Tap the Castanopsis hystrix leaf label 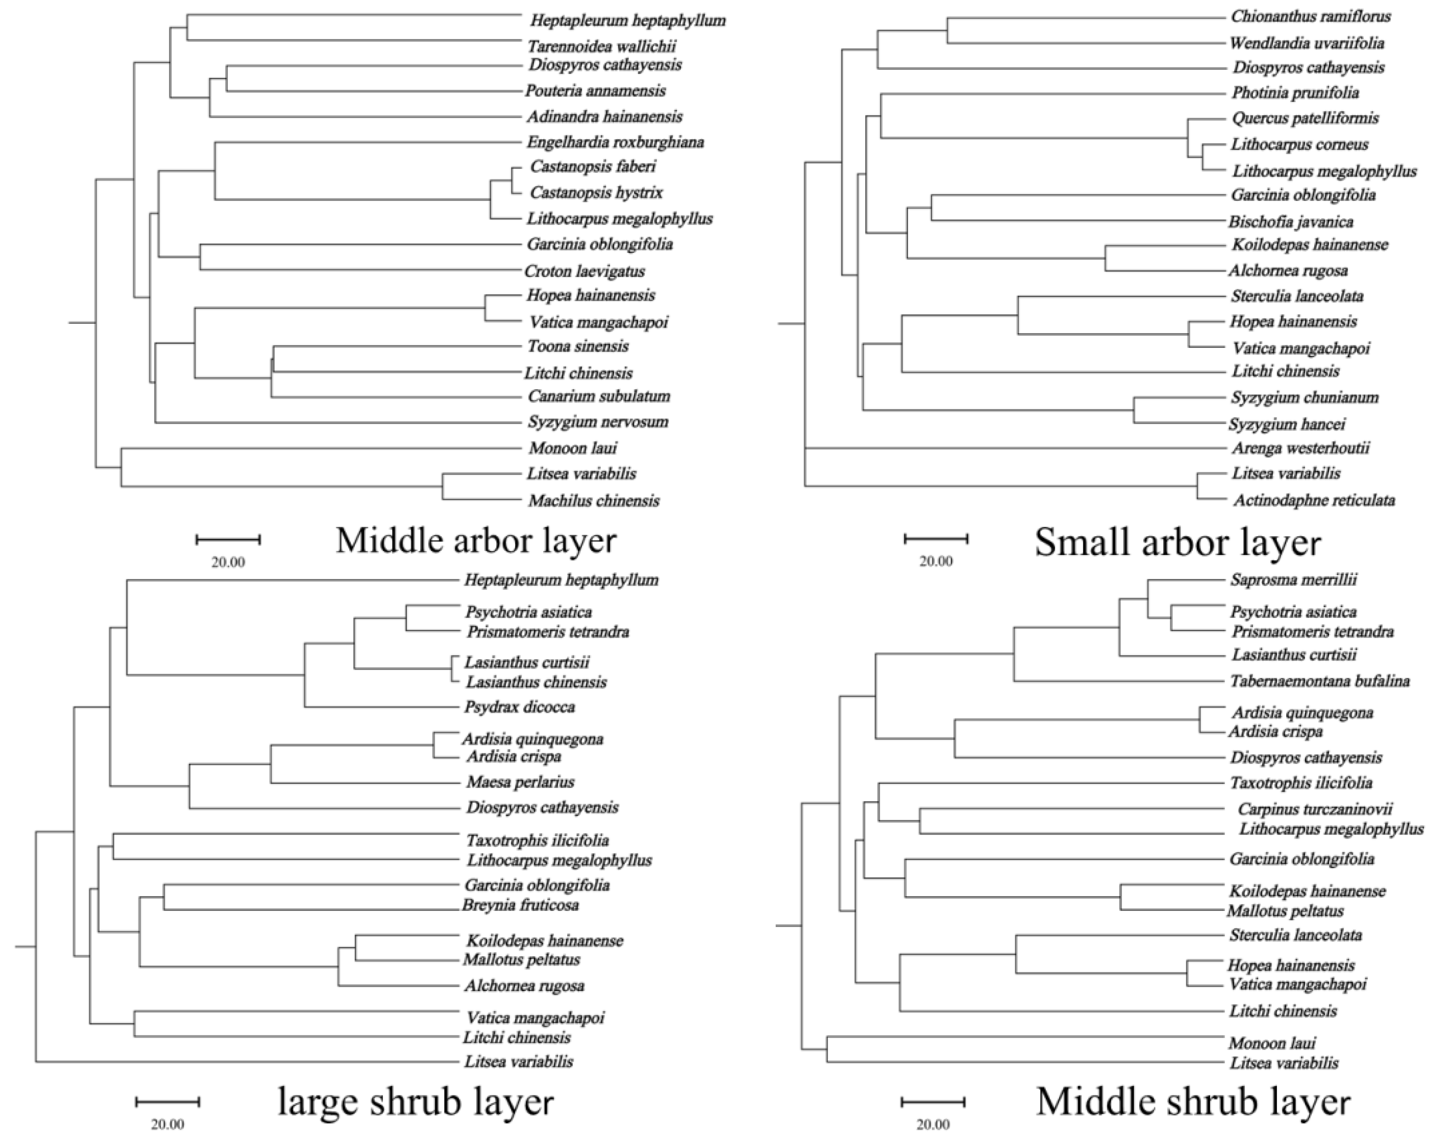click(596, 193)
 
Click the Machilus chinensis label click(593, 500)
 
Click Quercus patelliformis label click(1305, 118)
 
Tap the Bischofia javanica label click(1290, 222)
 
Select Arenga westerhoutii click(1300, 448)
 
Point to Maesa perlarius click(520, 782)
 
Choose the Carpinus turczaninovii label click(1314, 809)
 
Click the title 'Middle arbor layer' click(476, 540)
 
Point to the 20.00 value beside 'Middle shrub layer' click(932, 1124)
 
